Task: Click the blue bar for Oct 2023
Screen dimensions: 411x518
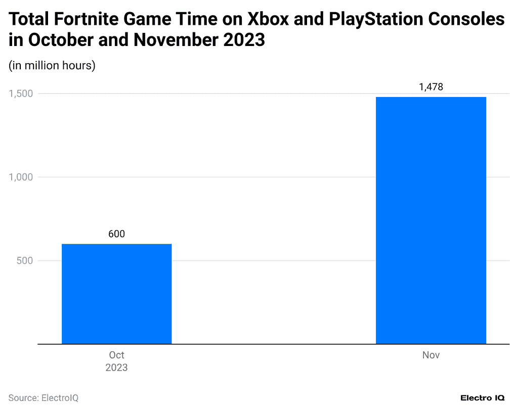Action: pos(116,294)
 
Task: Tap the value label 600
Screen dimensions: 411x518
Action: pos(116,234)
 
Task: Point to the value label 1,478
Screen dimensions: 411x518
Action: pos(431,87)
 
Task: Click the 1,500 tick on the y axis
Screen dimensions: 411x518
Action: pos(21,94)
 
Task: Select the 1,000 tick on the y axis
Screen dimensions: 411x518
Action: pos(21,177)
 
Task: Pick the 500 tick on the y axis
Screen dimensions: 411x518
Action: pos(25,261)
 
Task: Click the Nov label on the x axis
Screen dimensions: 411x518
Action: pos(431,355)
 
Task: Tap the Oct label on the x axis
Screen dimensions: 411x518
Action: pos(116,355)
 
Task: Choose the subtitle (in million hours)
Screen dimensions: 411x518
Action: pos(52,66)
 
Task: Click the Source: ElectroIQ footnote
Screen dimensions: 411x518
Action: pos(44,398)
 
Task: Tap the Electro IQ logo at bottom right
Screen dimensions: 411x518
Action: pos(482,398)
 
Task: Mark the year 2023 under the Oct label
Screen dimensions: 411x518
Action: pos(116,368)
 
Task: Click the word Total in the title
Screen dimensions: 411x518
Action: pos(29,20)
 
